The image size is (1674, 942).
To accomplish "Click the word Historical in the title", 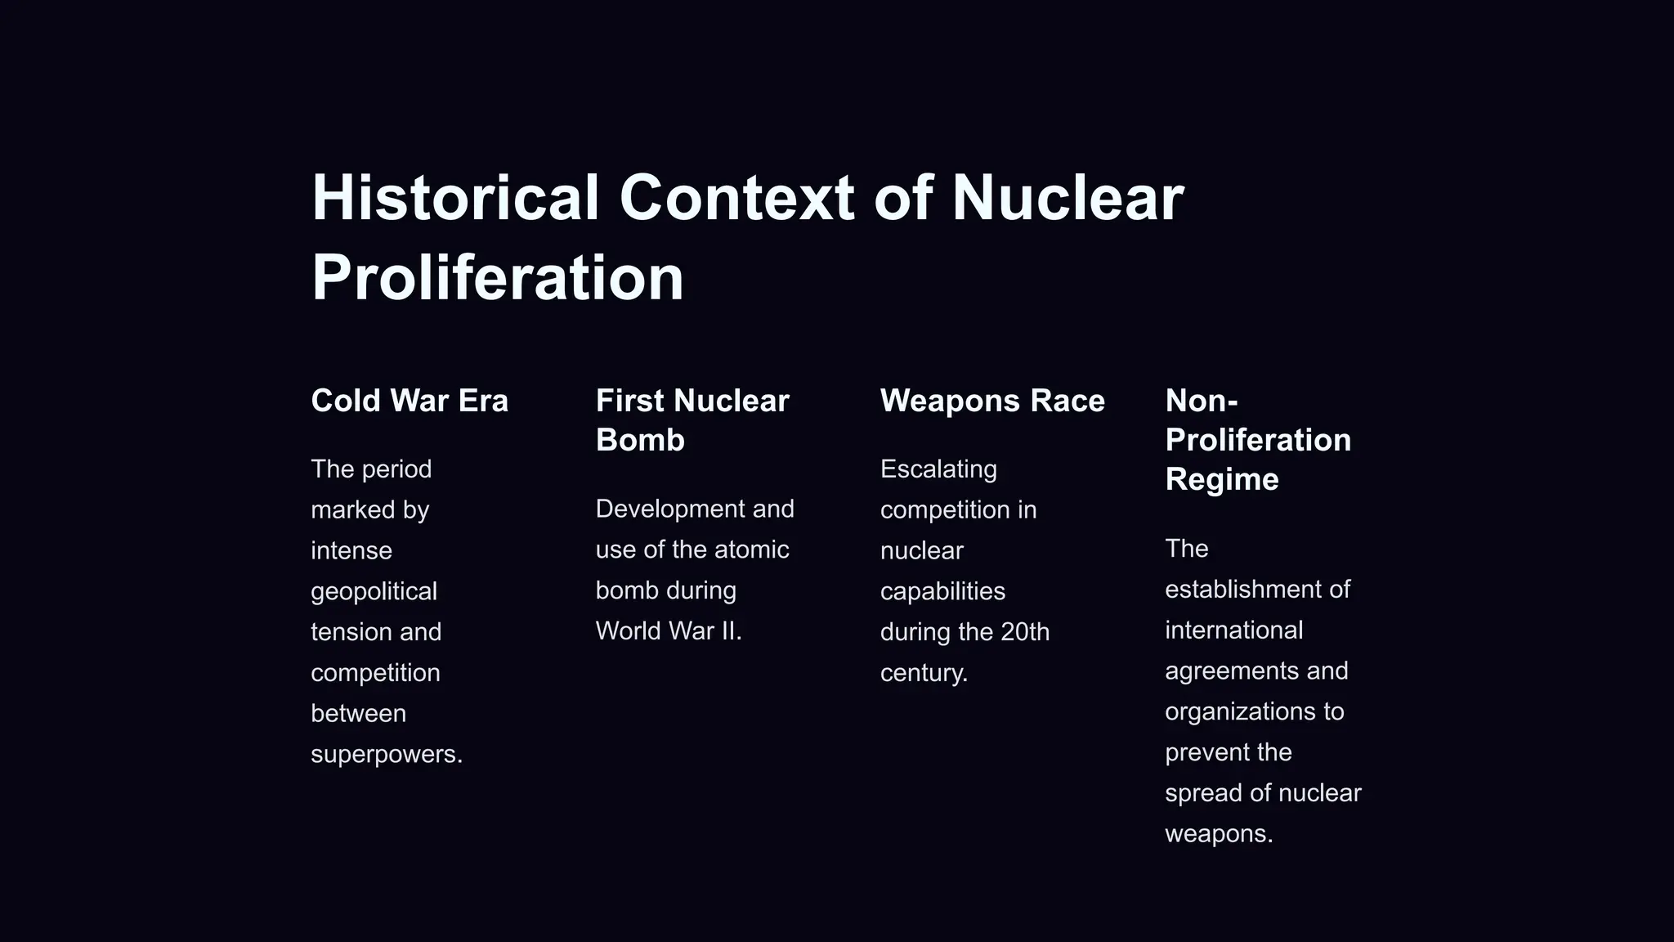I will pyautogui.click(x=455, y=198).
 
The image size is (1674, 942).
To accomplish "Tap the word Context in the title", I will pyautogui.click(x=736, y=198).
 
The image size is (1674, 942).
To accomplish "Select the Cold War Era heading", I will pyautogui.click(x=410, y=401).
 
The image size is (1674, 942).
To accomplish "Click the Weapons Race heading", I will pyautogui.click(x=992, y=401).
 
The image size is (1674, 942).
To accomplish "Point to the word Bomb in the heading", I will pyautogui.click(x=640, y=440).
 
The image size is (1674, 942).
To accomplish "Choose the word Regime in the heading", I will pyautogui.click(x=1221, y=479).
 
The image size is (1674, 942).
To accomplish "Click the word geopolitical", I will pyautogui.click(x=374, y=591).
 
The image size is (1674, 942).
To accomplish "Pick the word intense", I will pyautogui.click(x=351, y=550).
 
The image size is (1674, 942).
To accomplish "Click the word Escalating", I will pyautogui.click(x=938, y=469).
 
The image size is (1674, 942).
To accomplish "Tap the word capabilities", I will pyautogui.click(x=942, y=591).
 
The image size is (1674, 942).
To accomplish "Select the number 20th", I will pyautogui.click(x=1025, y=632).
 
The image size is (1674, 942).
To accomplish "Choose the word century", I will pyautogui.click(x=921, y=673).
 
